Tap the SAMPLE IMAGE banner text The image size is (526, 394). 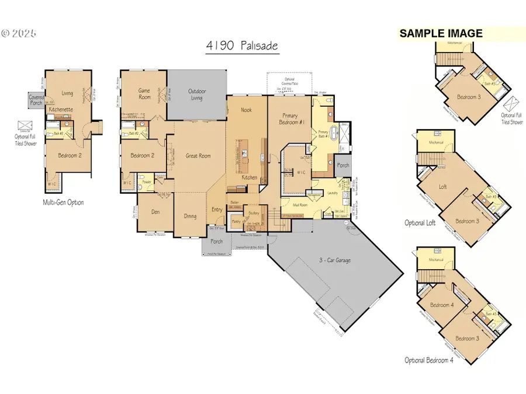[x=441, y=34]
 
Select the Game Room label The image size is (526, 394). [x=144, y=93]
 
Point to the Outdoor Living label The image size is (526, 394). [x=196, y=95]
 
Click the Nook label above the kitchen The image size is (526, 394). [x=247, y=110]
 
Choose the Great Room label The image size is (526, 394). [x=198, y=156]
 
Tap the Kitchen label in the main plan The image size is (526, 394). [x=250, y=177]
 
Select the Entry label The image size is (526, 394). [x=217, y=209]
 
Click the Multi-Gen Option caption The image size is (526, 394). [x=64, y=203]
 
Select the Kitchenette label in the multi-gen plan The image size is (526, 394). [x=60, y=109]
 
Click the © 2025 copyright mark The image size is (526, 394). [x=19, y=33]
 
